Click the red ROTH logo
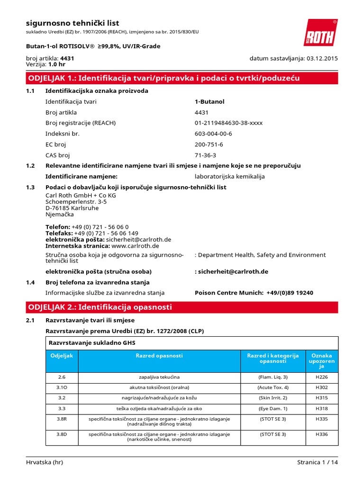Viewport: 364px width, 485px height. click(x=320, y=33)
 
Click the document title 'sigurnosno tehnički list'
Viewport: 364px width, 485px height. click(x=72, y=23)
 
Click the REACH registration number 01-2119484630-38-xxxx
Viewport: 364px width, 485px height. click(x=228, y=123)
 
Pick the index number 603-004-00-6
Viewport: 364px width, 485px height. click(x=213, y=134)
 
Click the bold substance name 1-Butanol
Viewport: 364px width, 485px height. click(x=209, y=102)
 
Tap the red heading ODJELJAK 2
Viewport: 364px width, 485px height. click(x=100, y=307)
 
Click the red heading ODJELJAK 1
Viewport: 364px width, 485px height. click(x=164, y=78)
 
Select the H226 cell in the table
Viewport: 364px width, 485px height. click(x=321, y=377)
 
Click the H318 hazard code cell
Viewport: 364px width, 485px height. click(x=321, y=408)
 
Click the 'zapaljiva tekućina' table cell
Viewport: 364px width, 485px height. click(x=159, y=377)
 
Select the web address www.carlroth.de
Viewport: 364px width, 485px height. click(x=135, y=246)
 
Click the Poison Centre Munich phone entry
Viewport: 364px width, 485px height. click(x=254, y=293)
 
